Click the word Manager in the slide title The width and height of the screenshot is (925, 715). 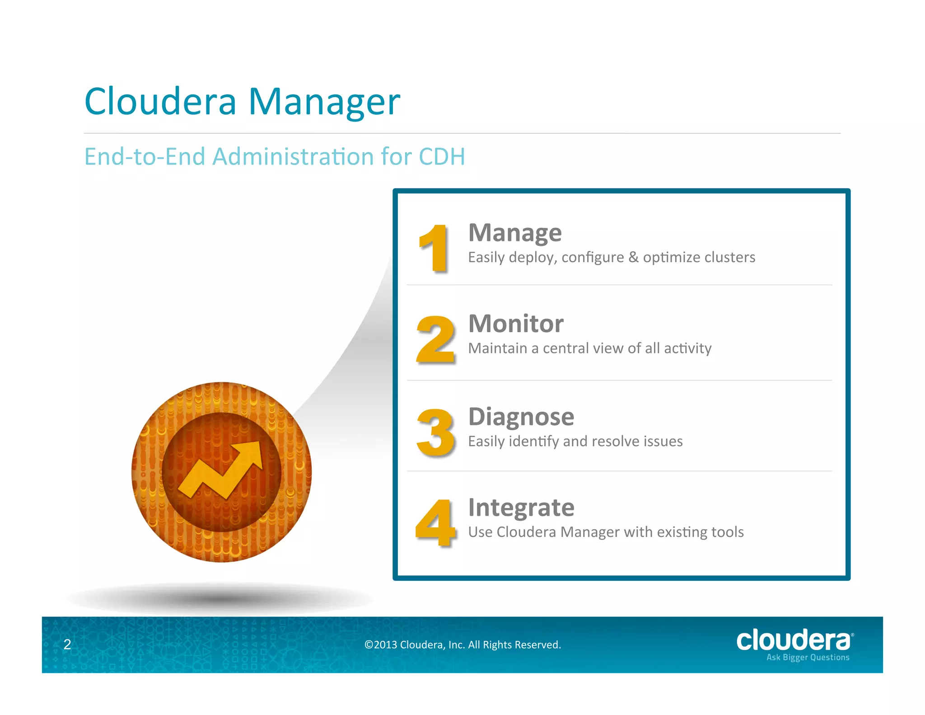coord(324,102)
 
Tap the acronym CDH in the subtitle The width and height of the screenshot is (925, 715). coord(442,157)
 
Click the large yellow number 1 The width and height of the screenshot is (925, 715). coord(434,248)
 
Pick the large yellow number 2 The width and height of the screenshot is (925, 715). coord(435,339)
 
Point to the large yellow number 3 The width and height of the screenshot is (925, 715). coord(435,433)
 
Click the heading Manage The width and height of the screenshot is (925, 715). coord(515,233)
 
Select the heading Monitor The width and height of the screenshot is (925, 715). coord(516,324)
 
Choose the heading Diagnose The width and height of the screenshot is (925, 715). coord(521,417)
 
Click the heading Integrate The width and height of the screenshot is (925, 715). coord(521,508)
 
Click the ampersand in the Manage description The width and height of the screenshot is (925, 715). coord(633,257)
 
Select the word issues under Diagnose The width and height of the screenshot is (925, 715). coord(665,441)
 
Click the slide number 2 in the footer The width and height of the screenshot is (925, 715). coord(67,644)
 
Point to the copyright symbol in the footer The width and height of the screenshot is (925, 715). coord(369,645)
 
